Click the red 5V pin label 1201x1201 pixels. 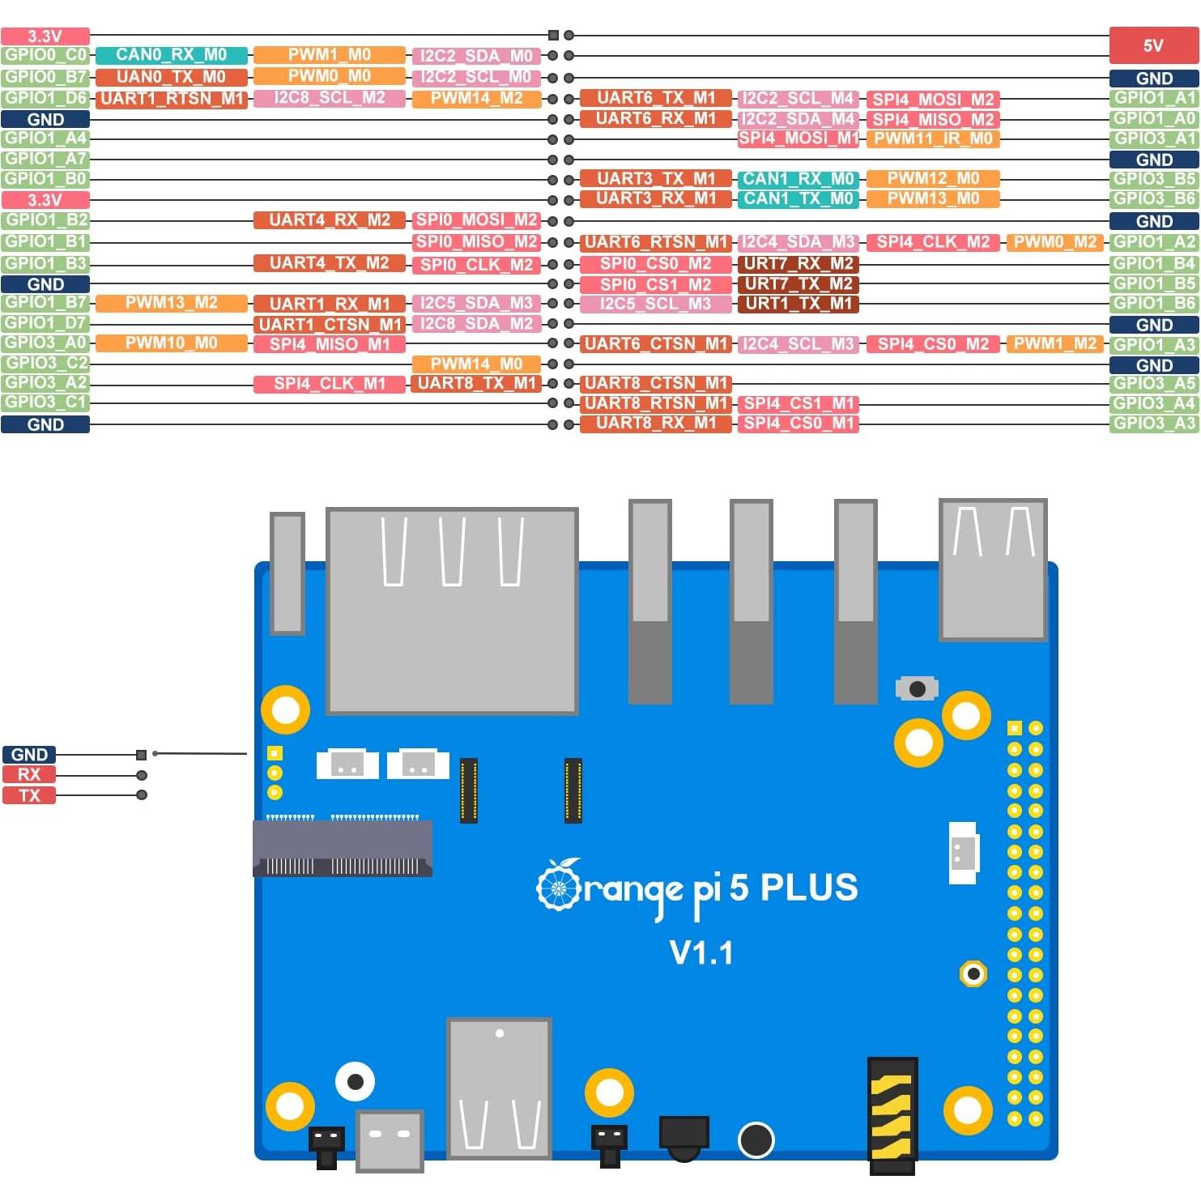1153,45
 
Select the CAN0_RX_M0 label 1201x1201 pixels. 171,55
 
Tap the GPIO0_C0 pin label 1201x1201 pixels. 45,55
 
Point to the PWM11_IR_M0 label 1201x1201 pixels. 933,138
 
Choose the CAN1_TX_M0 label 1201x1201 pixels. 799,198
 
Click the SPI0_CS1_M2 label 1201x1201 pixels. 655,284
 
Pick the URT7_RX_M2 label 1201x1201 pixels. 798,263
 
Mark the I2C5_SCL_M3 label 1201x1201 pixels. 655,304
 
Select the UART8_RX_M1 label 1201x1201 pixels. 655,423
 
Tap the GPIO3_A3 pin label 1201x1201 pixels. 1153,423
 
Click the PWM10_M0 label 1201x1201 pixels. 171,343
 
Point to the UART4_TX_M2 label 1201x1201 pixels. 329,263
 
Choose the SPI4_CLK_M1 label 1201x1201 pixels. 329,383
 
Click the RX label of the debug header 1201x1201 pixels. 29,774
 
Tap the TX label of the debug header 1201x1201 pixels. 29,795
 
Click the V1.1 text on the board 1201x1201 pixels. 701,953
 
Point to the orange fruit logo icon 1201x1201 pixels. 559,885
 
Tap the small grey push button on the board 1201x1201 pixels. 917,688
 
